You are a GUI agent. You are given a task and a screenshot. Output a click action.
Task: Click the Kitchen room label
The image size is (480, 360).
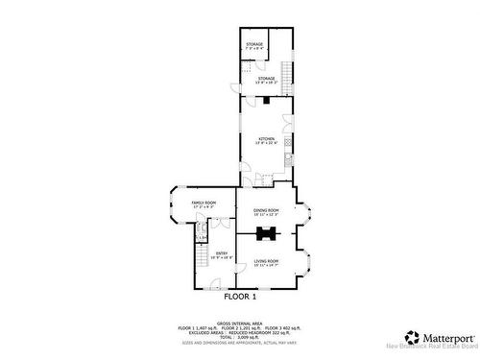(266, 141)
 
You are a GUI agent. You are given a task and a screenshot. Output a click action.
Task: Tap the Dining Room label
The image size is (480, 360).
(266, 210)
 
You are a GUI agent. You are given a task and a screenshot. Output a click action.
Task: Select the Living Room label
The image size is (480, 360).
(266, 262)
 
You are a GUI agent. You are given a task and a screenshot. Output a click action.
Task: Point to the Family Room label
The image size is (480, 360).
(204, 204)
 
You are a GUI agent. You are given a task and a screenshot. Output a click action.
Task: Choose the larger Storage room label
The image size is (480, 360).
(266, 80)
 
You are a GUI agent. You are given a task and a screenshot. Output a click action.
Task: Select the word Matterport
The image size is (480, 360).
(447, 337)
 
